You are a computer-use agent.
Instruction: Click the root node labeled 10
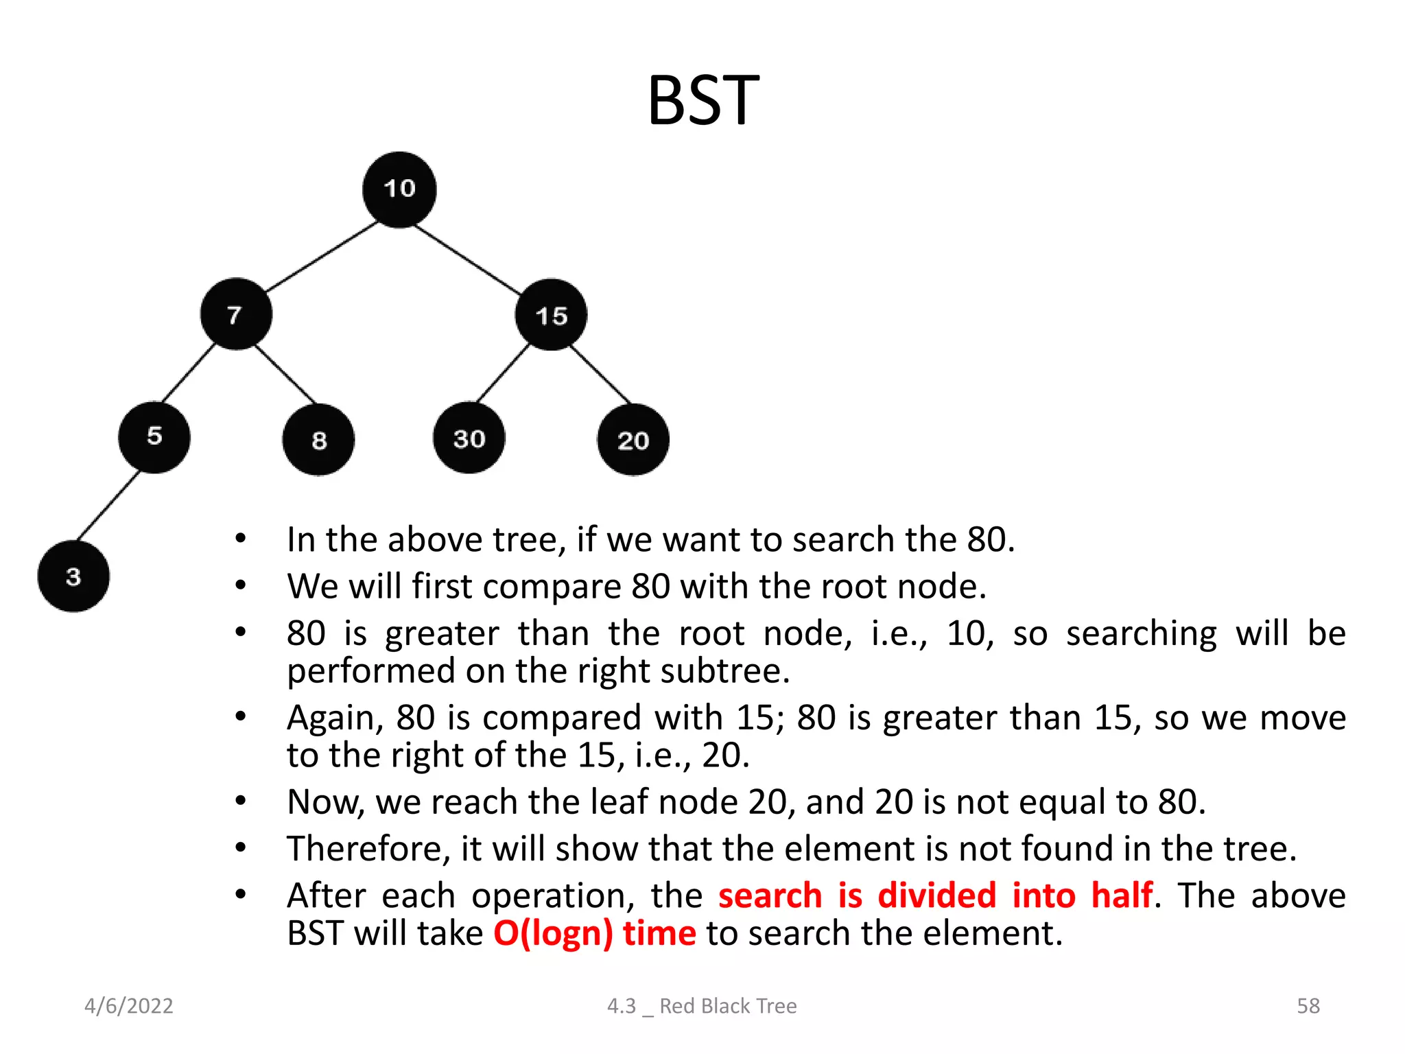point(399,189)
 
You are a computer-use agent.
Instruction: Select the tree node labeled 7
point(236,314)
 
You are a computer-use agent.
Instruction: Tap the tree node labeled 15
point(551,315)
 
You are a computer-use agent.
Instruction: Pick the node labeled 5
point(154,437)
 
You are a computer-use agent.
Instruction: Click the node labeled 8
point(318,440)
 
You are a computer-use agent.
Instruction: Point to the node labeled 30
point(469,438)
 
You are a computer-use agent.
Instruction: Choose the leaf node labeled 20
point(633,440)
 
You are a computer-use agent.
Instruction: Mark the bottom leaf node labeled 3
point(73,576)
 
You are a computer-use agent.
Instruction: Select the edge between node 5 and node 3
point(108,506)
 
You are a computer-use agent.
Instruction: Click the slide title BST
point(703,101)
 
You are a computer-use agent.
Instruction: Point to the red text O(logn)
point(553,934)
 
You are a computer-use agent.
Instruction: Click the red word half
point(1122,895)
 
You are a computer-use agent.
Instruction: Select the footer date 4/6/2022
point(129,1006)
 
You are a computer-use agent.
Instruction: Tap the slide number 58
point(1308,1006)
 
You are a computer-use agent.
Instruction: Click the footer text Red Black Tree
point(728,1006)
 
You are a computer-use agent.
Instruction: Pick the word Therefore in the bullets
point(368,849)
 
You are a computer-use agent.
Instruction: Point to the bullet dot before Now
point(240,801)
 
